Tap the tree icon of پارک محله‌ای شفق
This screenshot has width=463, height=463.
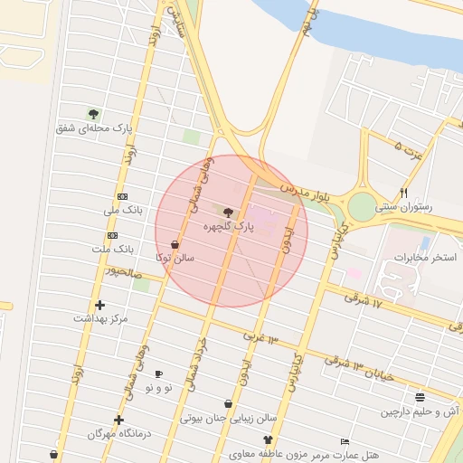click(93, 114)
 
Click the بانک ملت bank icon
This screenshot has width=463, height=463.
click(112, 235)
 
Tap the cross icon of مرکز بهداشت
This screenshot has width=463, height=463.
click(99, 305)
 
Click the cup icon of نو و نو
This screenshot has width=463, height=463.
click(158, 373)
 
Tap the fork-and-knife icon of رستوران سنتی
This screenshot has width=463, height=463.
click(404, 193)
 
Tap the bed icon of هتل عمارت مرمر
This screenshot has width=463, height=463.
click(345, 441)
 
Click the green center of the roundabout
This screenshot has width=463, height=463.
click(362, 208)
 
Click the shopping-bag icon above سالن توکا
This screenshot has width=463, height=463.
click(175, 244)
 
